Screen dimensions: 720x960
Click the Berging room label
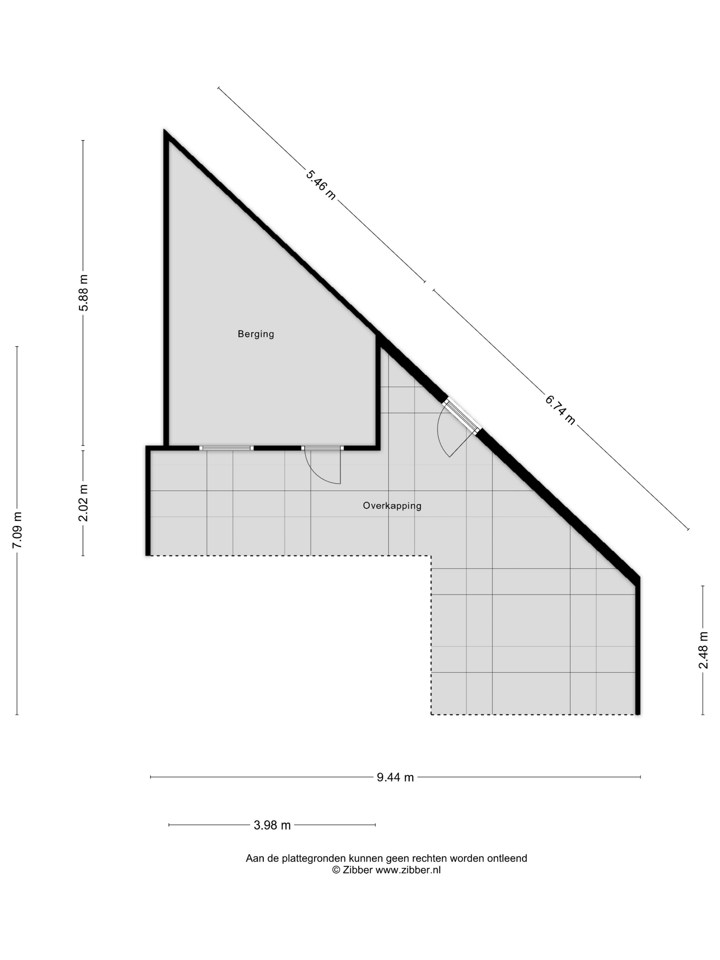click(x=256, y=334)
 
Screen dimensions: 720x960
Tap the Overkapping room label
click(x=392, y=506)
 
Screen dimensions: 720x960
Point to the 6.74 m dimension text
click(x=560, y=410)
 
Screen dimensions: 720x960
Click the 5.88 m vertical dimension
click(x=83, y=292)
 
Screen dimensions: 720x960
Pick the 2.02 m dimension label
click(x=83, y=503)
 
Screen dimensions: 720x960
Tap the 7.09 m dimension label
click(x=17, y=530)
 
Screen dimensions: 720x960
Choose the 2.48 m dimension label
click(x=703, y=650)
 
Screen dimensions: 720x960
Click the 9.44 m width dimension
click(x=395, y=777)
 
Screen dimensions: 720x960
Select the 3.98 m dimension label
click(x=272, y=825)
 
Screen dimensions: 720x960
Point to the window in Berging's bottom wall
click(x=226, y=448)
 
